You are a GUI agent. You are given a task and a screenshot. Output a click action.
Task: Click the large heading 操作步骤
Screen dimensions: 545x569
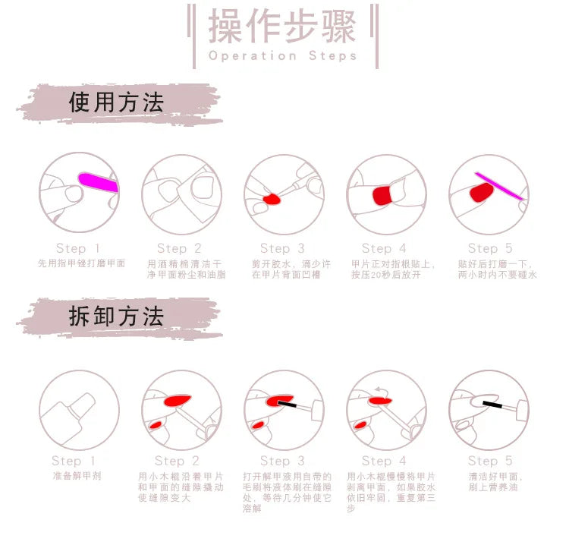(282, 28)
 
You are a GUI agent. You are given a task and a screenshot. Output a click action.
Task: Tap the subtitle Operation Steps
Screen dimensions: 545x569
(282, 55)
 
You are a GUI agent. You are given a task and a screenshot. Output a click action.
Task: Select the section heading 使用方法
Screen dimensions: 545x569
(116, 102)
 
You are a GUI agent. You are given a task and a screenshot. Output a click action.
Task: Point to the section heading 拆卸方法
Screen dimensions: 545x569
(116, 317)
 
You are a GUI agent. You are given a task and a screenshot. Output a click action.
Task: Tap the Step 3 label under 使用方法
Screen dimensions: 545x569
(281, 248)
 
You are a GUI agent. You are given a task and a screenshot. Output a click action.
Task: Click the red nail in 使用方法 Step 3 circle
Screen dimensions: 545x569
(271, 200)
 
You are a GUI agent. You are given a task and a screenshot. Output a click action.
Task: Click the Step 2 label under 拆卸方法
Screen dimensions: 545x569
(177, 461)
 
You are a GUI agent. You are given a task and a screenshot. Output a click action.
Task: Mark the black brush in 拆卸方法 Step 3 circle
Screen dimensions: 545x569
(288, 404)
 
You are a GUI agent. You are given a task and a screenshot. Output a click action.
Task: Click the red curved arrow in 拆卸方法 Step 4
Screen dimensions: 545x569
(379, 389)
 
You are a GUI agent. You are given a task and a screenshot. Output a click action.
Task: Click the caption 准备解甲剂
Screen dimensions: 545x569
(77, 476)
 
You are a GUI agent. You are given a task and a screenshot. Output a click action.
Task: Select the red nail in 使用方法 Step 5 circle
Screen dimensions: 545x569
(479, 193)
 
